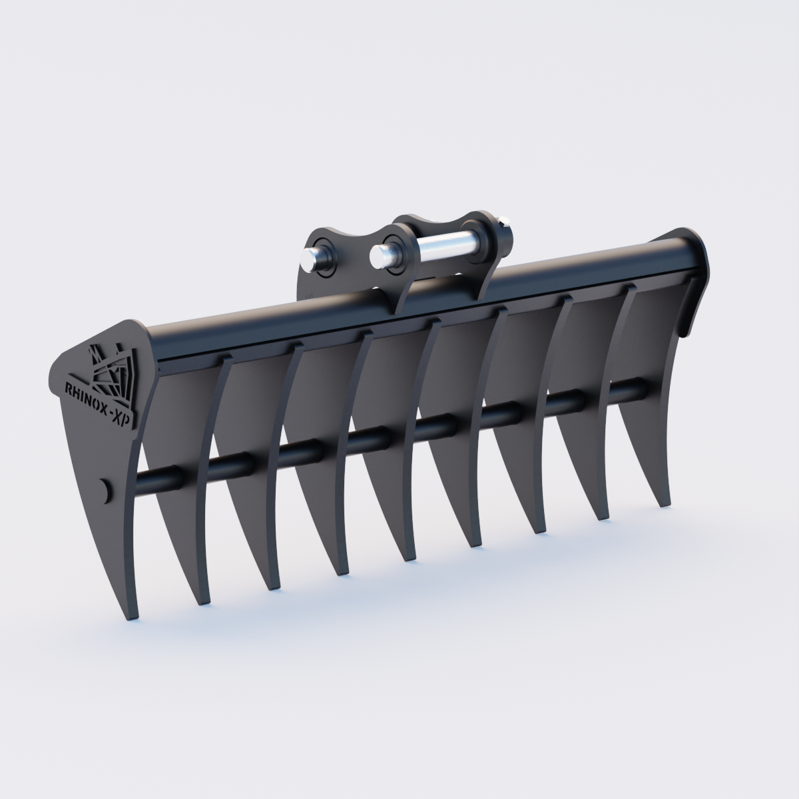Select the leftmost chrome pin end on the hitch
click(x=311, y=260)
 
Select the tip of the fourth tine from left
click(x=339, y=575)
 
